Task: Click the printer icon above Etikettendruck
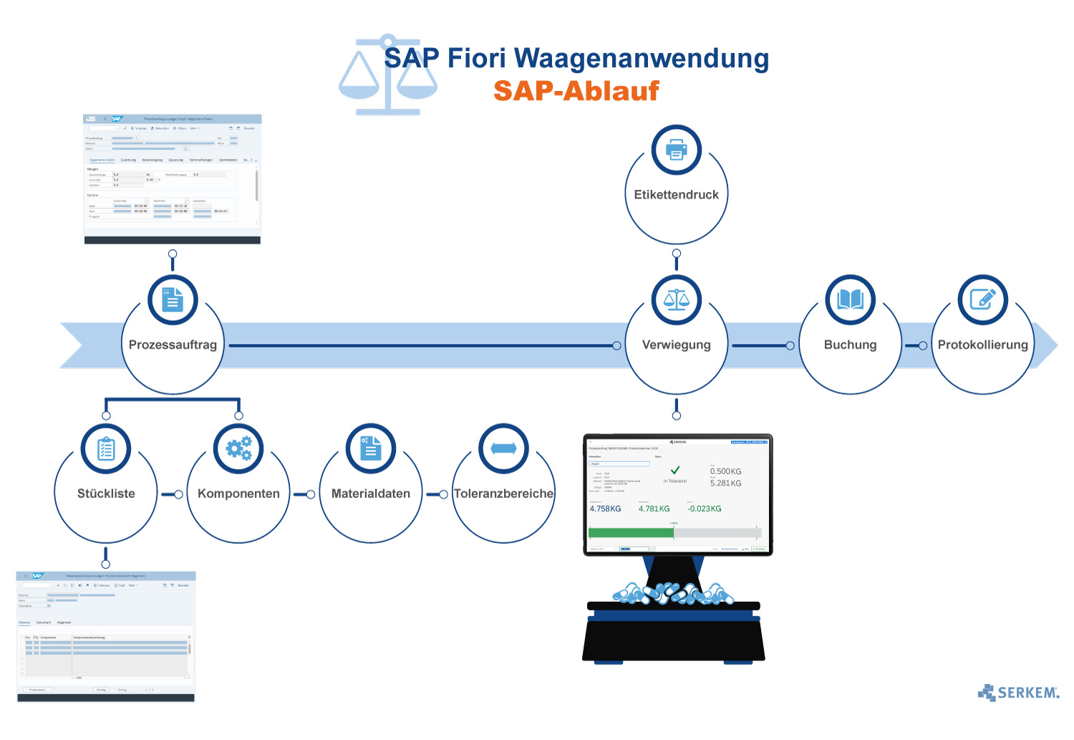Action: click(676, 150)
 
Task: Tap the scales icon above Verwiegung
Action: click(676, 299)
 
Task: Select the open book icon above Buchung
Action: click(850, 299)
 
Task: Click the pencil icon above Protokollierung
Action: click(982, 299)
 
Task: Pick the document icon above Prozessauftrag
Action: click(173, 299)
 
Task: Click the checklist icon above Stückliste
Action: click(106, 448)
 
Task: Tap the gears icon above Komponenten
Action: click(238, 448)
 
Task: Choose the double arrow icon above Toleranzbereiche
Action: click(503, 448)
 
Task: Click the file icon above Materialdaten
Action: click(371, 448)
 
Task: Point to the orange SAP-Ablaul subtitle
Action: click(576, 91)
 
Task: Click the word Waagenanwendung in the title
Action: click(642, 58)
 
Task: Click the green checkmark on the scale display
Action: click(674, 470)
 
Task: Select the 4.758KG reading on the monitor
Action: click(605, 509)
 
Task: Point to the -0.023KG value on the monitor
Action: click(705, 509)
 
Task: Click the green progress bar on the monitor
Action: click(631, 532)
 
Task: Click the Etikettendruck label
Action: click(676, 195)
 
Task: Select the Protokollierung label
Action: click(982, 345)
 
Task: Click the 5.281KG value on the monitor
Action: click(725, 483)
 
